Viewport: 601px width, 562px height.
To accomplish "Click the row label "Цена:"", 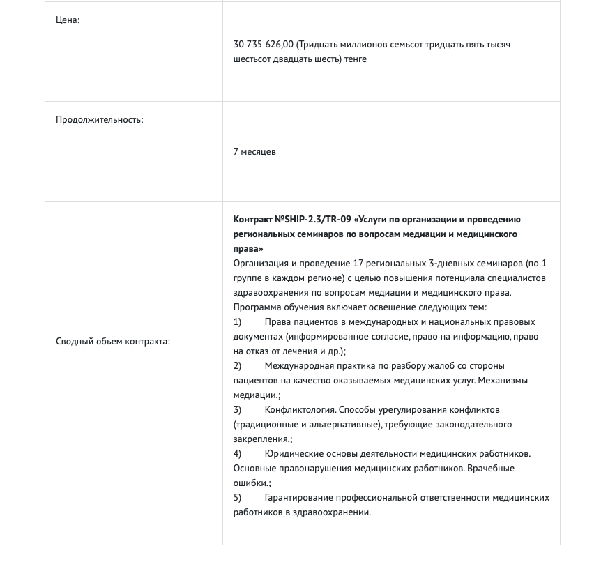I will [x=68, y=20].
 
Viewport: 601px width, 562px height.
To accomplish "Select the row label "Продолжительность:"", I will [x=99, y=119].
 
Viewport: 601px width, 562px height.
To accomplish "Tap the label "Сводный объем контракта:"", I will [x=112, y=341].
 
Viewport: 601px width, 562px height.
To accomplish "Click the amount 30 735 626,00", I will [x=264, y=45].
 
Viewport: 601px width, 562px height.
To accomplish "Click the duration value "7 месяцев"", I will [x=254, y=151].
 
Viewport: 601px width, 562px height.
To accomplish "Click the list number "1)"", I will [x=238, y=321].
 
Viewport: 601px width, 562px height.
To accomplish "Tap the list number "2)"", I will [x=238, y=365].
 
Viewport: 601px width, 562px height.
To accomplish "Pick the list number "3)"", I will [x=238, y=409].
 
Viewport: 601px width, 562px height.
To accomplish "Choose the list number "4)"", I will [x=238, y=453].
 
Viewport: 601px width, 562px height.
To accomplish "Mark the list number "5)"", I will [x=238, y=497].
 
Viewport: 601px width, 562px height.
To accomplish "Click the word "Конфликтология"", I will [x=298, y=409].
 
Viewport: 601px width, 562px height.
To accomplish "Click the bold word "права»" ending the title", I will [x=248, y=249].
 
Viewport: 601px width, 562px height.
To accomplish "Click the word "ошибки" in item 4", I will [x=250, y=483].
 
